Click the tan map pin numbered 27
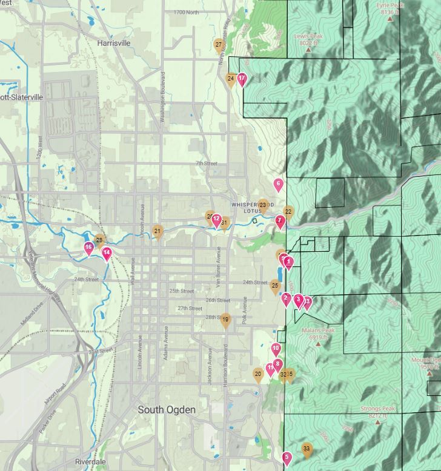(219, 45)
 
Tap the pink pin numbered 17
(242, 79)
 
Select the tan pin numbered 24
(231, 79)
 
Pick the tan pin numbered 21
(157, 231)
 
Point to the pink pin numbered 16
(88, 248)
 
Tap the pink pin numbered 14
(107, 253)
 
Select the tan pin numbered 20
(258, 375)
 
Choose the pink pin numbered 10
(276, 349)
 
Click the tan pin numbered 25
(275, 286)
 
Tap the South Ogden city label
(167, 410)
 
